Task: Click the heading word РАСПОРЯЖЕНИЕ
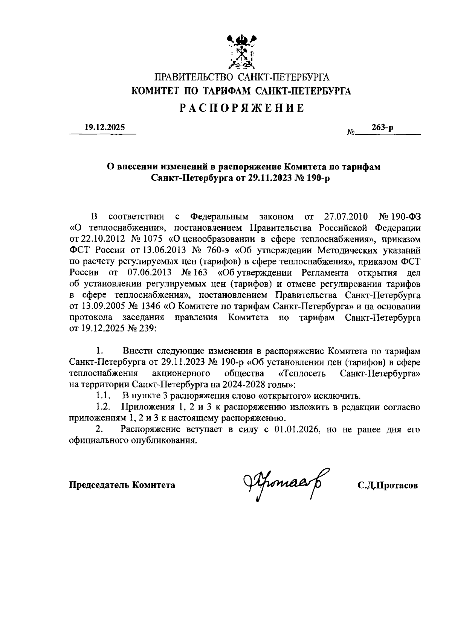pyautogui.click(x=241, y=108)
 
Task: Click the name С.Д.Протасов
pyautogui.click(x=388, y=485)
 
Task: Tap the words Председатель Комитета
pyautogui.click(x=122, y=485)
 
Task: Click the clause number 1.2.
pyautogui.click(x=103, y=407)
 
